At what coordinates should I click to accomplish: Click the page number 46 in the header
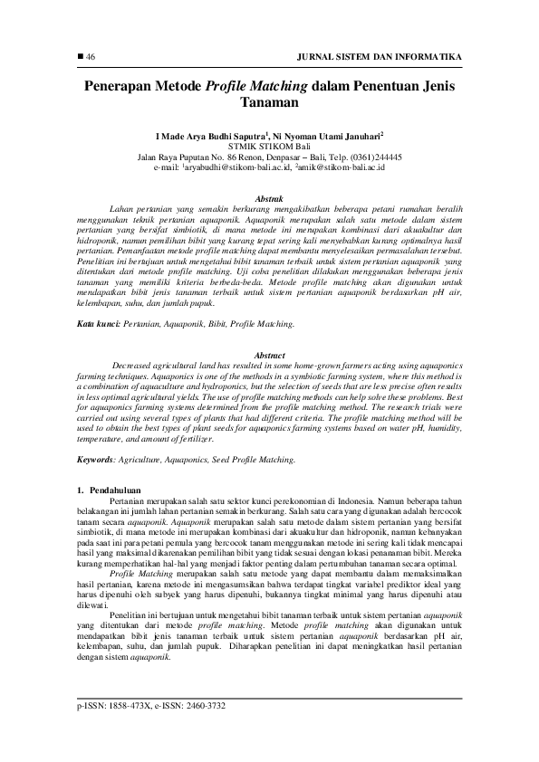(91, 57)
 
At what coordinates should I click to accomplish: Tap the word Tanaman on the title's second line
(269, 104)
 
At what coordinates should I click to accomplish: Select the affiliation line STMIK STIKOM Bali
(269, 145)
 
